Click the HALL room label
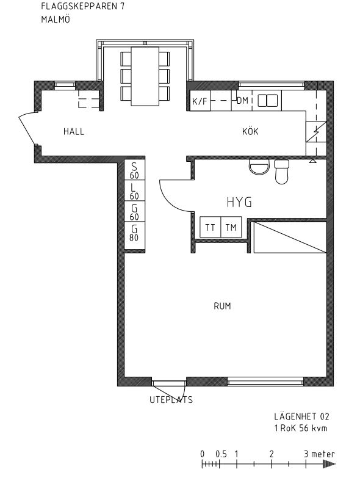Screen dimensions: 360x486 coord(74,131)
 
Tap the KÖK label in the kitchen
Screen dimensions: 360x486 coord(250,131)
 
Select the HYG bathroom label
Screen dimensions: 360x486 coord(239,202)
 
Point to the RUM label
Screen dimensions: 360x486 coord(222,306)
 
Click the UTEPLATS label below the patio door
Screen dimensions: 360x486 coord(171,399)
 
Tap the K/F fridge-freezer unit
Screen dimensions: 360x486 coord(200,101)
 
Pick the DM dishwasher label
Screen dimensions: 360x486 coord(243,101)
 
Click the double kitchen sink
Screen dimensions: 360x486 coord(268,100)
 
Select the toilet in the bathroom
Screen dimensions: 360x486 coord(282,172)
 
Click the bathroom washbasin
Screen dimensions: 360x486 coord(259,167)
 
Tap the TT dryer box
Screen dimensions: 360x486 coord(210,227)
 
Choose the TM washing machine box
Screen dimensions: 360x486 coord(231,227)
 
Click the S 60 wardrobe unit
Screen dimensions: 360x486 coord(134,170)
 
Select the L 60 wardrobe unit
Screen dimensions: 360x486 coord(134,190)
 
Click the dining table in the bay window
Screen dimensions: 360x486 coord(145,76)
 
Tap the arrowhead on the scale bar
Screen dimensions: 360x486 coord(329,464)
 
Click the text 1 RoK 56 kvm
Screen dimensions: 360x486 coord(301,428)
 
